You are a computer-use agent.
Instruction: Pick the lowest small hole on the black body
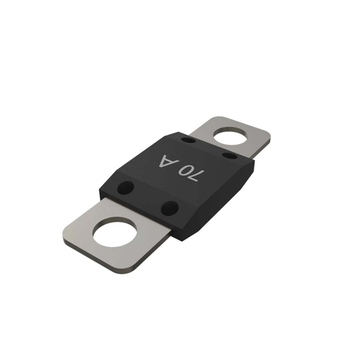169,208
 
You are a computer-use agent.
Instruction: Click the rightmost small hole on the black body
229,155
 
